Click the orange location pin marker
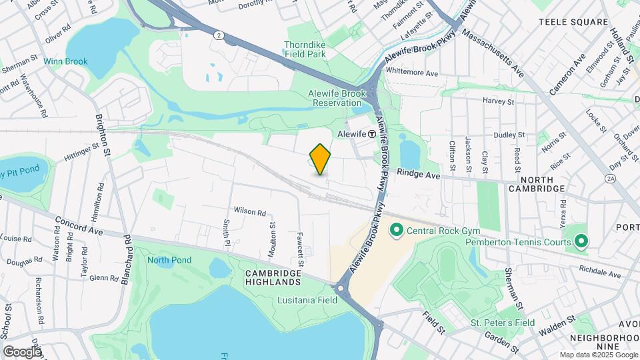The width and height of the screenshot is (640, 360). coord(321,159)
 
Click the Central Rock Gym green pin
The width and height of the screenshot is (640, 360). coord(396,231)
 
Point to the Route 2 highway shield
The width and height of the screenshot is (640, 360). coord(218,35)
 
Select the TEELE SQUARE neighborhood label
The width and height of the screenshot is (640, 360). coord(573,22)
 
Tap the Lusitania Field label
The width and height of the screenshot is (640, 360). coord(307,300)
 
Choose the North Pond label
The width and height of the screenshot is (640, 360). coord(169,260)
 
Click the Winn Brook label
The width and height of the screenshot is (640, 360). coord(65,61)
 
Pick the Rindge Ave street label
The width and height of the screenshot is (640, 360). coord(419,173)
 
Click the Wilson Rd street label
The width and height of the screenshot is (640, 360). coord(249,211)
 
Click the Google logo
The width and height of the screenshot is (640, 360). coord(22,351)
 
